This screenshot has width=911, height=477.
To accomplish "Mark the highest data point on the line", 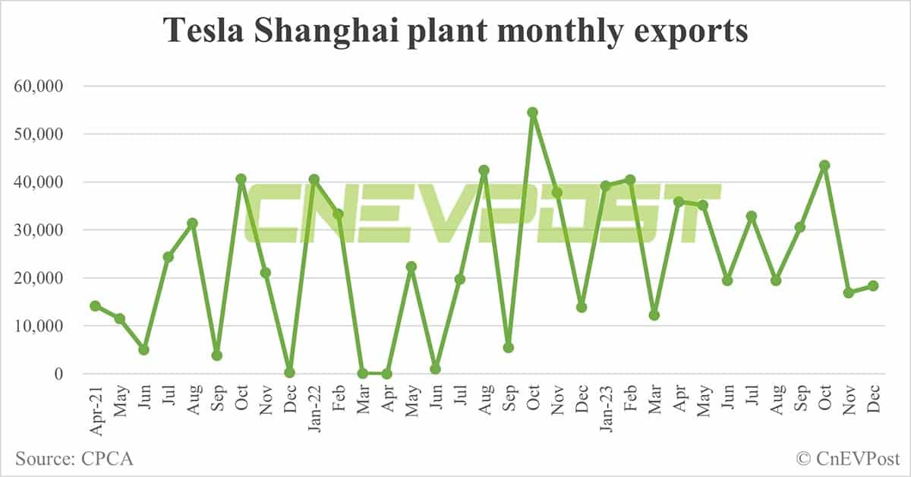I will coord(533,112).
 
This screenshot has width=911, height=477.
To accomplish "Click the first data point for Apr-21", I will coord(95,306).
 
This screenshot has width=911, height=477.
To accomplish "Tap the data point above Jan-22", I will coord(314,179).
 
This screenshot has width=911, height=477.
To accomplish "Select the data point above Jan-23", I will coord(606,185).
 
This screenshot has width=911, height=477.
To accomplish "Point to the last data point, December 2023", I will coord(873,286).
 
